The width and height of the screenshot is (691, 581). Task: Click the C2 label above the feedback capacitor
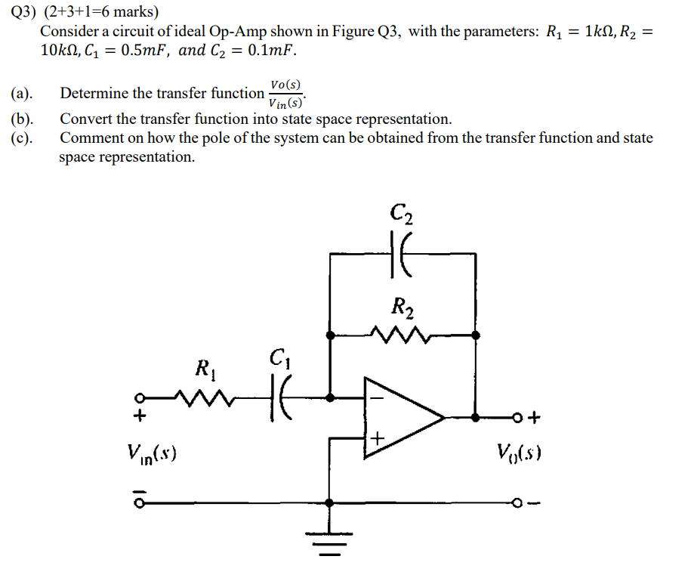coord(402,214)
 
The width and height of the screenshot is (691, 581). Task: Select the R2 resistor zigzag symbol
coord(401,333)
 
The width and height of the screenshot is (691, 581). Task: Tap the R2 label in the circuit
coord(401,307)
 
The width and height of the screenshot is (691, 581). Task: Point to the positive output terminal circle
coord(517,417)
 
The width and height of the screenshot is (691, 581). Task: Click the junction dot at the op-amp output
coord(475,417)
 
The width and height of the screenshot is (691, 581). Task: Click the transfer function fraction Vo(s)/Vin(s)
coord(286,94)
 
